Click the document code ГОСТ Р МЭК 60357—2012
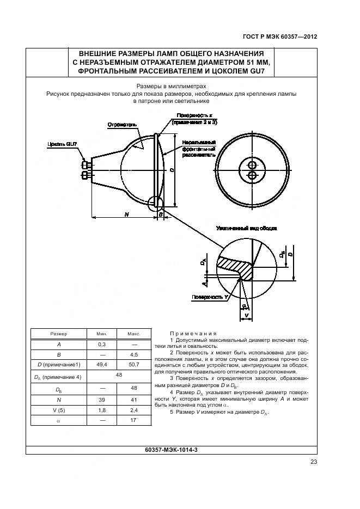pyautogui.click(x=280, y=37)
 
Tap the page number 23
pyautogui.click(x=314, y=462)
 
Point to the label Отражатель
pyautogui.click(x=123, y=124)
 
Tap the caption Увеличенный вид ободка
pyautogui.click(x=247, y=229)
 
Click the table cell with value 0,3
pyautogui.click(x=102, y=344)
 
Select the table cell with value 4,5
pyautogui.click(x=134, y=354)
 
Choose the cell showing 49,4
pyautogui.click(x=102, y=365)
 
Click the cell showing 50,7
pyautogui.click(x=134, y=365)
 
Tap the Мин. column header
pyautogui.click(x=102, y=333)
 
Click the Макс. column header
pyautogui.click(x=134, y=333)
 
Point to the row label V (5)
pyautogui.click(x=59, y=410)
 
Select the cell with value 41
pyautogui.click(x=134, y=399)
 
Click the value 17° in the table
pyautogui.click(x=134, y=420)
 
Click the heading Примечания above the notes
pyautogui.click(x=193, y=333)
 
